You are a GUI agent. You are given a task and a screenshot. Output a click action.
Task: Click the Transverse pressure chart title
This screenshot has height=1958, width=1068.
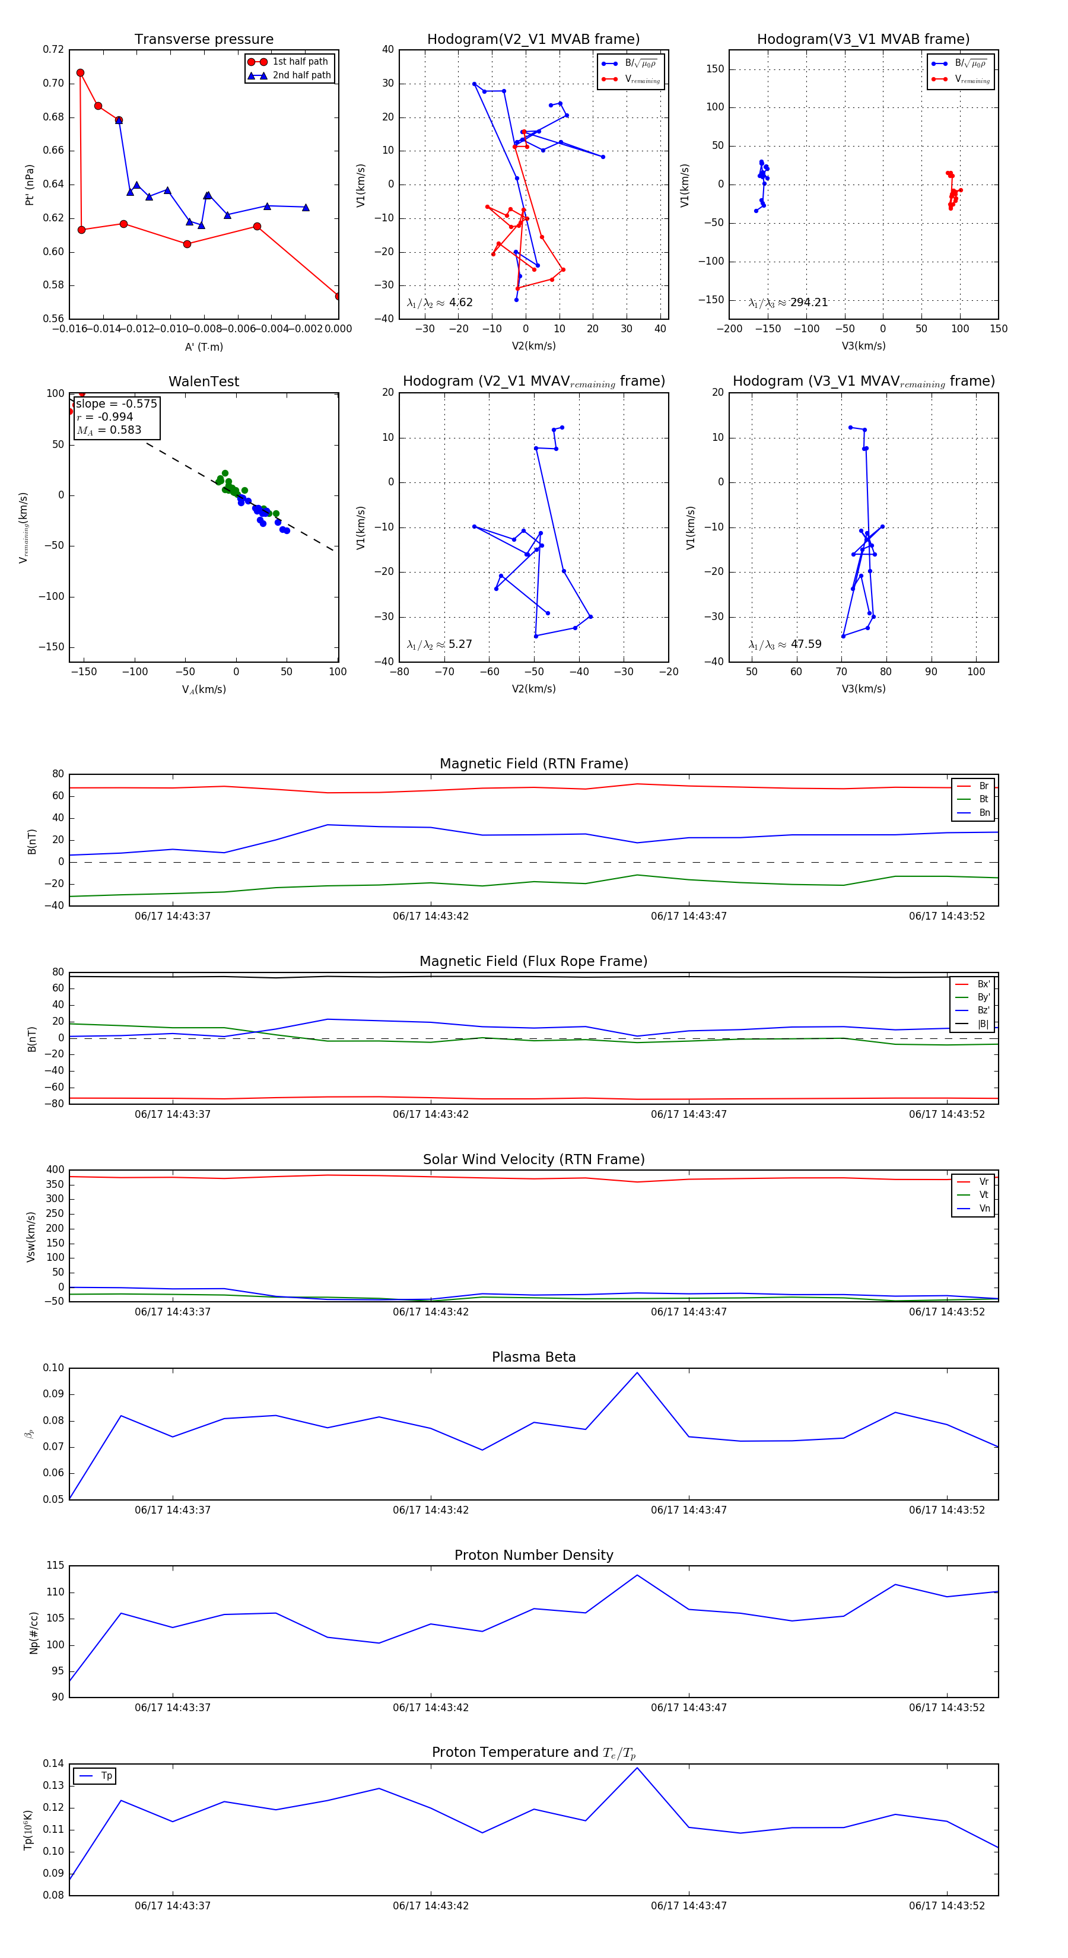pyautogui.click(x=204, y=40)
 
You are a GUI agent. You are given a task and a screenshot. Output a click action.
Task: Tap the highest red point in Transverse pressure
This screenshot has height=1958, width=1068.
pyautogui.click(x=81, y=73)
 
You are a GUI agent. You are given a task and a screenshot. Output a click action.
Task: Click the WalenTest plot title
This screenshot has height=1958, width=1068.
pyautogui.click(x=204, y=382)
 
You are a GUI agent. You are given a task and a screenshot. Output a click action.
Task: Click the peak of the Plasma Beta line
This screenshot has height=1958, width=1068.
pyautogui.click(x=637, y=1372)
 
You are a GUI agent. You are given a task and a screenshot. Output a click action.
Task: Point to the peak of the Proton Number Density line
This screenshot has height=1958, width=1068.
pyautogui.click(x=637, y=1575)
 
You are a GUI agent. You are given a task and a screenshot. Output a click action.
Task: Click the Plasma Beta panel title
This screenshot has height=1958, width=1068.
pyautogui.click(x=533, y=1358)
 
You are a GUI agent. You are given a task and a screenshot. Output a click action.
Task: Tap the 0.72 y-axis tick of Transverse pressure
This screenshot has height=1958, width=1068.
pyautogui.click(x=53, y=49)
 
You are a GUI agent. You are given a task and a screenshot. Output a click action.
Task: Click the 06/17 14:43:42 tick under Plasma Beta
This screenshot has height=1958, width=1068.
pyautogui.click(x=430, y=1510)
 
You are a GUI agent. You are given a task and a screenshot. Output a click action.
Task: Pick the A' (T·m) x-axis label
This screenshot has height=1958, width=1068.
pyautogui.click(x=204, y=347)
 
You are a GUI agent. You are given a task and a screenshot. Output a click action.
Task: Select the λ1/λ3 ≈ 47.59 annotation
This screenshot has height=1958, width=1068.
pyautogui.click(x=785, y=644)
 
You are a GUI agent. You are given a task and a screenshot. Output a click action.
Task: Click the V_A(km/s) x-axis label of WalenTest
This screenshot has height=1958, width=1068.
pyautogui.click(x=204, y=689)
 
